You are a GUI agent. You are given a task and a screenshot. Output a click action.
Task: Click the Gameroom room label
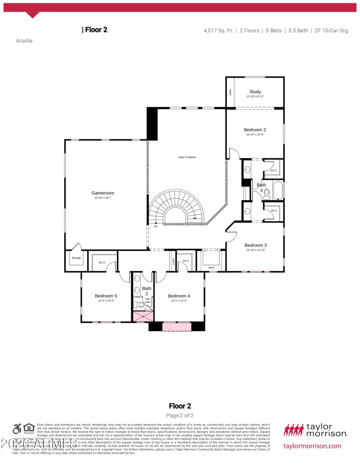click(103, 193)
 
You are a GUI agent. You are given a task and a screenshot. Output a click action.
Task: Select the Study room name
click(255, 92)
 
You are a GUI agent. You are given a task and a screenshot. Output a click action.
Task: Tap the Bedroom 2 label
click(255, 130)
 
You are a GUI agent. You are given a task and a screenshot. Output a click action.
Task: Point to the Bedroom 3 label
click(256, 245)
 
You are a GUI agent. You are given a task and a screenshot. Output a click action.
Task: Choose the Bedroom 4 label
click(179, 296)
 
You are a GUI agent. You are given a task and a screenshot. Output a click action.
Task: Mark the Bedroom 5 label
click(106, 296)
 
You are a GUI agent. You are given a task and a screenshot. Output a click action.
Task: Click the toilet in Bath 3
click(266, 194)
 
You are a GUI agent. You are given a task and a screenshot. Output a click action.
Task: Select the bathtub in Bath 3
click(278, 190)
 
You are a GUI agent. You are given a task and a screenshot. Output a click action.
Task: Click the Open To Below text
click(187, 157)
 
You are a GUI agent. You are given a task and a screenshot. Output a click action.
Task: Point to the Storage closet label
click(76, 258)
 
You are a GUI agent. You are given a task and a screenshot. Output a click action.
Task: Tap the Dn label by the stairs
click(156, 226)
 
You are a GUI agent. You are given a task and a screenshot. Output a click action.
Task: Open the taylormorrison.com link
click(312, 446)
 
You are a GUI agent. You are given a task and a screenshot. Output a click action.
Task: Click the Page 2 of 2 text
click(180, 416)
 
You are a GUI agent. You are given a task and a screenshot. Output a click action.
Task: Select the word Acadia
click(24, 40)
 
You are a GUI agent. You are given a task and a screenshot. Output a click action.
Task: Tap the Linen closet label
click(173, 261)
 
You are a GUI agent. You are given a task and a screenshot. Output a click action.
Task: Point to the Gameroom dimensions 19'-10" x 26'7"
click(103, 198)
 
